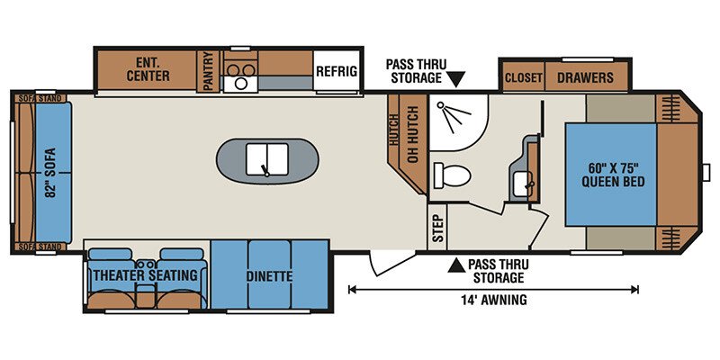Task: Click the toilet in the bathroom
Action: [452, 175]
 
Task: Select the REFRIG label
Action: [337, 71]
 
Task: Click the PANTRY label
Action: [209, 71]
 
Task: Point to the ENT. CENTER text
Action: [148, 69]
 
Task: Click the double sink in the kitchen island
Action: [266, 159]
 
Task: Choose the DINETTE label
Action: [269, 277]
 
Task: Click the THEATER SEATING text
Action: [146, 275]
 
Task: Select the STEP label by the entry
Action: [438, 229]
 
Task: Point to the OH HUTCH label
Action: [413, 134]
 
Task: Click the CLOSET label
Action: [524, 77]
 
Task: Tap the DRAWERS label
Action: [586, 77]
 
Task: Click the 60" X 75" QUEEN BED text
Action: [613, 175]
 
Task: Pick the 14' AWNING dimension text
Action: [494, 301]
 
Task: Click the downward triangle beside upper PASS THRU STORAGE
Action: [456, 79]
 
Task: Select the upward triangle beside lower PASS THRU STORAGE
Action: [456, 265]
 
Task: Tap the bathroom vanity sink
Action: [523, 184]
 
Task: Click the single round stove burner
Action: [240, 83]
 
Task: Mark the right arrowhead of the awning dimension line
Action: [635, 289]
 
